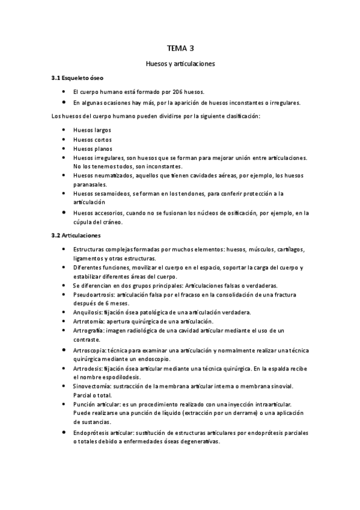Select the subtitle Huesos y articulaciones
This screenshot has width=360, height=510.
[180, 63]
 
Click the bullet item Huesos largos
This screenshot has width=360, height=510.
[92, 130]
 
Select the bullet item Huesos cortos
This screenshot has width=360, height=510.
[92, 140]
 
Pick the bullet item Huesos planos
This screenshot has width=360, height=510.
[93, 149]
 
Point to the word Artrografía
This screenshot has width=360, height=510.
[90, 331]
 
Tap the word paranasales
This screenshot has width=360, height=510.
[91, 184]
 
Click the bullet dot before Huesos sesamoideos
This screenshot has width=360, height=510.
[64, 193]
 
